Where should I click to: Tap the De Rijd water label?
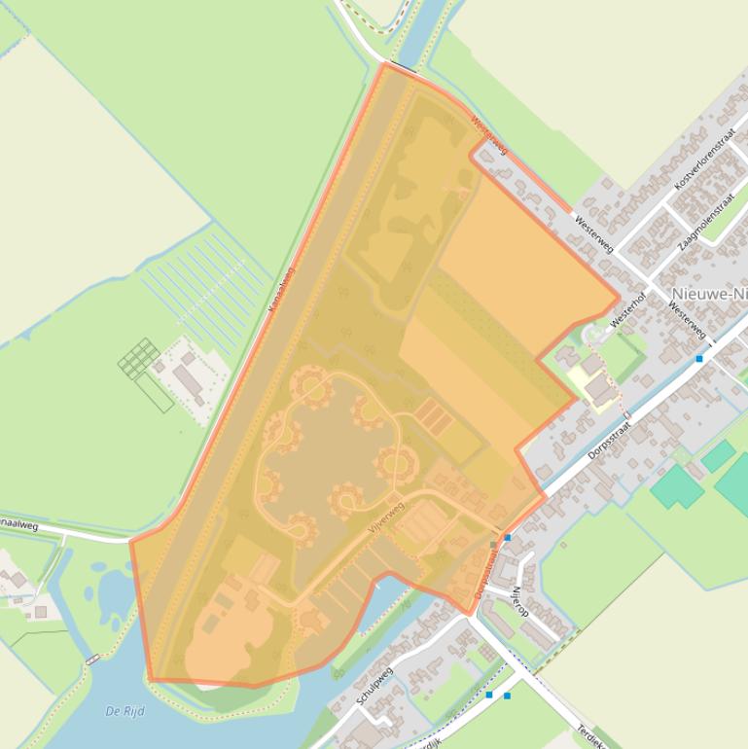(125, 711)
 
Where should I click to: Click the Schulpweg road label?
(374, 686)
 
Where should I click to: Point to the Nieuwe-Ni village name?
(709, 293)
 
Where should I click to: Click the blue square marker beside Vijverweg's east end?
(508, 537)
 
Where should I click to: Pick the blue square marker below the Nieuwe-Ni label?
(699, 359)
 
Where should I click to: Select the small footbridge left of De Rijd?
(92, 660)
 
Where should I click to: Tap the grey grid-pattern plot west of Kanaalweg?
(138, 358)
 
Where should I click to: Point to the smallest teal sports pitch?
(719, 455)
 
